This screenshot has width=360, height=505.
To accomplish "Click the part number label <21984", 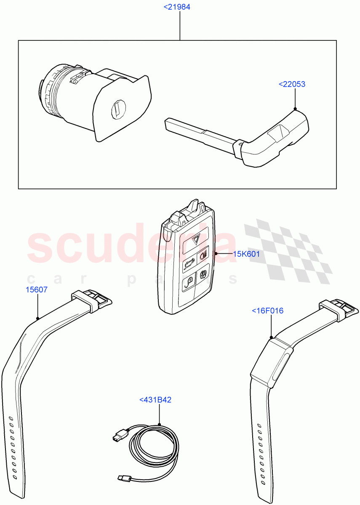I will pos(180,7).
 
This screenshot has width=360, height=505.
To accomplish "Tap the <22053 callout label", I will pos(292,84).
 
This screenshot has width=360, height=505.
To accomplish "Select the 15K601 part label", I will pos(247,254).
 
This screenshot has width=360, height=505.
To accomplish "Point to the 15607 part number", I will pos(37,290).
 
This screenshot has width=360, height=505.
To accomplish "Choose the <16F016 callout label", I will pos(267,311).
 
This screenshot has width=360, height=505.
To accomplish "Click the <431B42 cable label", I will pos(155,400).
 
